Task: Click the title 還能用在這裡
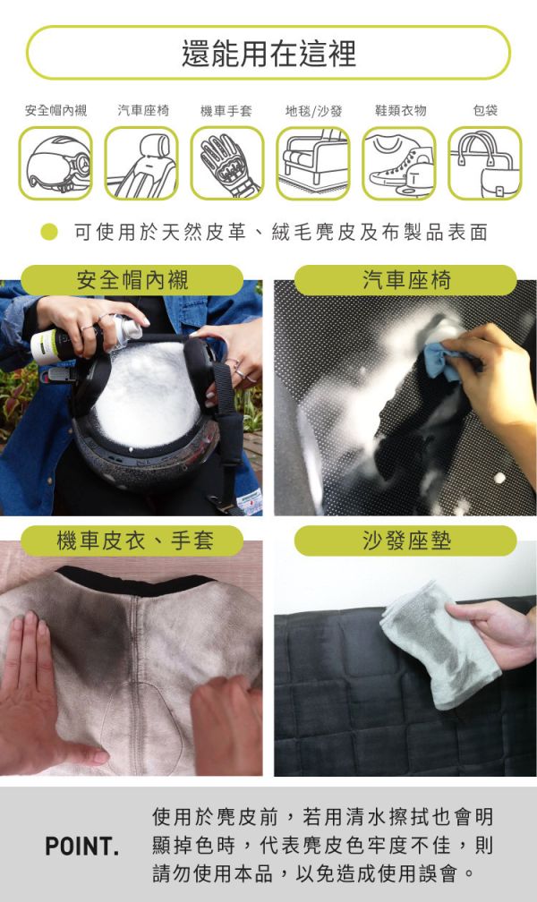point(268,54)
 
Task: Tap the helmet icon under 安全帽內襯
point(55,163)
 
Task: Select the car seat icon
point(141,163)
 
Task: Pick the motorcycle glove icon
point(226,163)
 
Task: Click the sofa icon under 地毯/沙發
point(312,163)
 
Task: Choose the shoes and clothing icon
point(398,163)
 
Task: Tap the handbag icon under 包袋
point(484,163)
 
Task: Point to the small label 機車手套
point(226,111)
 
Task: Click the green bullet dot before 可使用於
point(50,233)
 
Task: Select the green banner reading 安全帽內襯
point(132,280)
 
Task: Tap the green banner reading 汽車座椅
point(405,280)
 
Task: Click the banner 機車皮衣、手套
point(132,540)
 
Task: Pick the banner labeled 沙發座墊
point(405,540)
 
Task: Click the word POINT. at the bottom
point(81,846)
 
